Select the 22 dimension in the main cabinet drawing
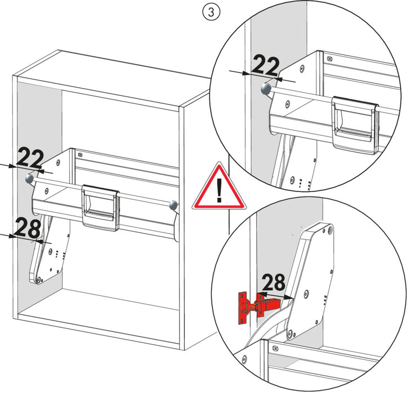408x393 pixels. (29, 159)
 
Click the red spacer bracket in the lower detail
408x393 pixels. (256, 307)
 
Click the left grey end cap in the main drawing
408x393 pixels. (29, 179)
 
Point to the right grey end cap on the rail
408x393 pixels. (174, 204)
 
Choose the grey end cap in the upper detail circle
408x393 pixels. (266, 88)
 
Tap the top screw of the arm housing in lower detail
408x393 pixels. (329, 230)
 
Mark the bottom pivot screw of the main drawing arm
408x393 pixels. (38, 278)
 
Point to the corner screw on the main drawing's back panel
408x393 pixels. (80, 155)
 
